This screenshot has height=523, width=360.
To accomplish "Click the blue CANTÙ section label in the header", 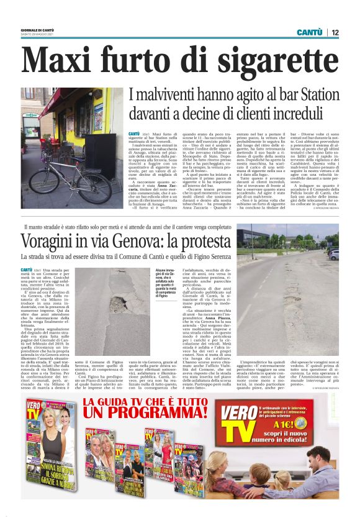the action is tap(308, 32).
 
